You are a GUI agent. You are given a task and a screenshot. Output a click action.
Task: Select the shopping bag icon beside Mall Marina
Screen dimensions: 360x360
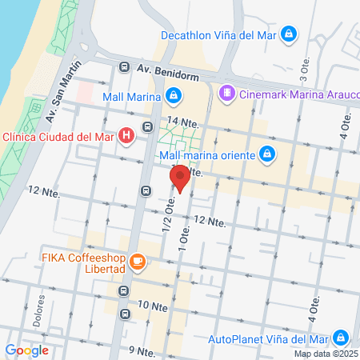click(174, 97)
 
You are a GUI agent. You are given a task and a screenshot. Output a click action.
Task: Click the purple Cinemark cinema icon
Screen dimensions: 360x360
click(228, 94)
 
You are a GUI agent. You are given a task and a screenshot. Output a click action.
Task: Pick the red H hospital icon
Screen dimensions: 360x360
click(126, 136)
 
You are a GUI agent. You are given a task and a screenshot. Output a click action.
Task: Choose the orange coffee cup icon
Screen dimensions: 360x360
click(138, 262)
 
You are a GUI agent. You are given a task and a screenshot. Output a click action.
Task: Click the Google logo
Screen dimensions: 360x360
click(26, 350)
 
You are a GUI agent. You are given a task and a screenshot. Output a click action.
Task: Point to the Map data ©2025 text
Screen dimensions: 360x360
click(326, 354)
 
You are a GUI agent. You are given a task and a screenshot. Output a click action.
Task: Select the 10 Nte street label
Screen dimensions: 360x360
click(152, 306)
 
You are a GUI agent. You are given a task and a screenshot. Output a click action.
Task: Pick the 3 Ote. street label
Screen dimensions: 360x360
click(303, 72)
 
